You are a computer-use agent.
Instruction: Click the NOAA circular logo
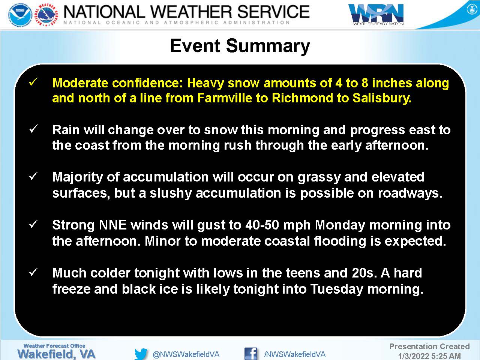[x=20, y=15]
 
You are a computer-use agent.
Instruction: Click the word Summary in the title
[x=268, y=46]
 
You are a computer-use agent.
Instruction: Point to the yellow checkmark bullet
[x=33, y=82]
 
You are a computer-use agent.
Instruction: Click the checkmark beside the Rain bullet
[x=33, y=129]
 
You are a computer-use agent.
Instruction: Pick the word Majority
[x=78, y=177]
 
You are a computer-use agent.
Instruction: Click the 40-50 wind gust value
[x=262, y=225]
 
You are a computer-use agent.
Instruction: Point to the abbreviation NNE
[x=113, y=225]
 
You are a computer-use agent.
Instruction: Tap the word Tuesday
[x=336, y=289]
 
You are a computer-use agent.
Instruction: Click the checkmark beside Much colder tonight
[x=33, y=272]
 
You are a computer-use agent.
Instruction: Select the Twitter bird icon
[x=141, y=354]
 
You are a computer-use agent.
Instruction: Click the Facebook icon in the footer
[x=250, y=354]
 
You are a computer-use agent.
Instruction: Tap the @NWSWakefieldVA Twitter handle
[x=186, y=354]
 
